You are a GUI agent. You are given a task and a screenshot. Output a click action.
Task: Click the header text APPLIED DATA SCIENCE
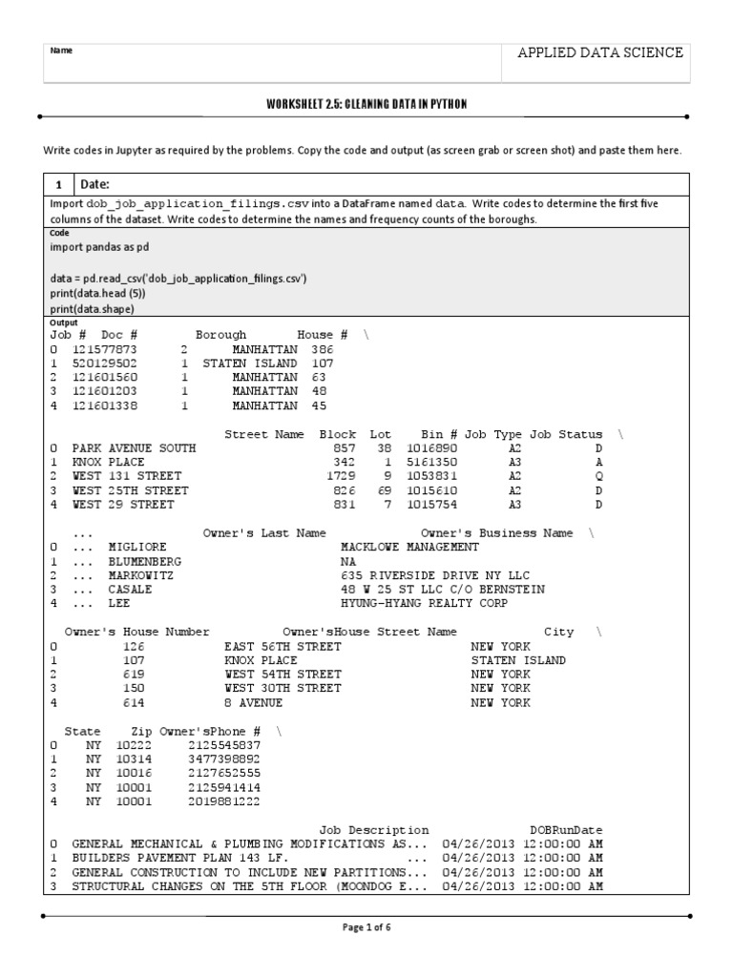point(599,52)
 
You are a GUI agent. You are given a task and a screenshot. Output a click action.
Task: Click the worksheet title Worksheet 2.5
point(366,103)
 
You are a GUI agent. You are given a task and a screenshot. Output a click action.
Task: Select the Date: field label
point(96,184)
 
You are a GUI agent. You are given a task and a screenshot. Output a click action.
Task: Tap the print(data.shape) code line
point(93,309)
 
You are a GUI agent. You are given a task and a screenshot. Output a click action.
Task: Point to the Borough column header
point(220,336)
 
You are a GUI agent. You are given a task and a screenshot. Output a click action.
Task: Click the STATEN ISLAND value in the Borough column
point(250,364)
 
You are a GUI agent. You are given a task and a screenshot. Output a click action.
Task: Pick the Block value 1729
point(341,475)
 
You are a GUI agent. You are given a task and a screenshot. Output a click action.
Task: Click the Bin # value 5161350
point(431,462)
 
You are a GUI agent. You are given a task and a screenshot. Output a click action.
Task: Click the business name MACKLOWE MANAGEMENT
point(409,548)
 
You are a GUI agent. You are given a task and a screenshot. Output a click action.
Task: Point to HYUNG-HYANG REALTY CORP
point(425,603)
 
